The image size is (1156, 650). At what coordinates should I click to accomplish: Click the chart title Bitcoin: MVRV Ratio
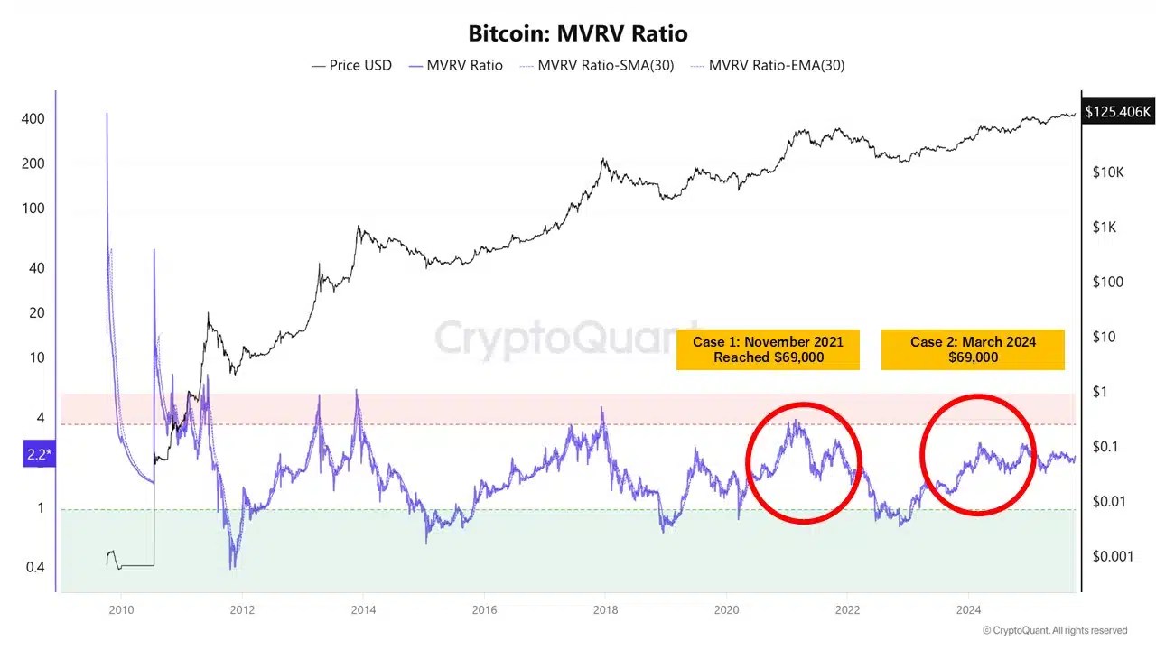[x=578, y=34]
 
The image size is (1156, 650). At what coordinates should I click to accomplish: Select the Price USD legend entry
[x=351, y=65]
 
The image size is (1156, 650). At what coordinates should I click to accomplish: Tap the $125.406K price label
[x=1118, y=112]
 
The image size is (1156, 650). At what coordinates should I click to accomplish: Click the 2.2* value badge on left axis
[x=37, y=454]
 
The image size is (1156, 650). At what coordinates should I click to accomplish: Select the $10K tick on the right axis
[x=1107, y=172]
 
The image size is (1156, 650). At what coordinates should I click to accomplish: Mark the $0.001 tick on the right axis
[x=1113, y=556]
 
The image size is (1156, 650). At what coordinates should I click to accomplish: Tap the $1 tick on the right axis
[x=1101, y=392]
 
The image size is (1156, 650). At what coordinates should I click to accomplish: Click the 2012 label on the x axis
[x=241, y=609]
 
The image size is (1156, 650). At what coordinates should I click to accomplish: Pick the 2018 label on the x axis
[x=605, y=609]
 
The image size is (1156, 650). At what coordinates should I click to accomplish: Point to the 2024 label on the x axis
[x=968, y=609]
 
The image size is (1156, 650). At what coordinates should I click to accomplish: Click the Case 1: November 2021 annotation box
[x=768, y=349]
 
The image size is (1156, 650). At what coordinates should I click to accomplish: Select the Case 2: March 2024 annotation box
[x=973, y=349]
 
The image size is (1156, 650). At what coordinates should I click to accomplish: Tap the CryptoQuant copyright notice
[x=1055, y=630]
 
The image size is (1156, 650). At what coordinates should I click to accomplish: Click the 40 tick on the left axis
[x=35, y=268]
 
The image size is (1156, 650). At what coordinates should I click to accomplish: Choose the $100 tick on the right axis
[x=1108, y=282]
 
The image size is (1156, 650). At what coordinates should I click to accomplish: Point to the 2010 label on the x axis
[x=120, y=609]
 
